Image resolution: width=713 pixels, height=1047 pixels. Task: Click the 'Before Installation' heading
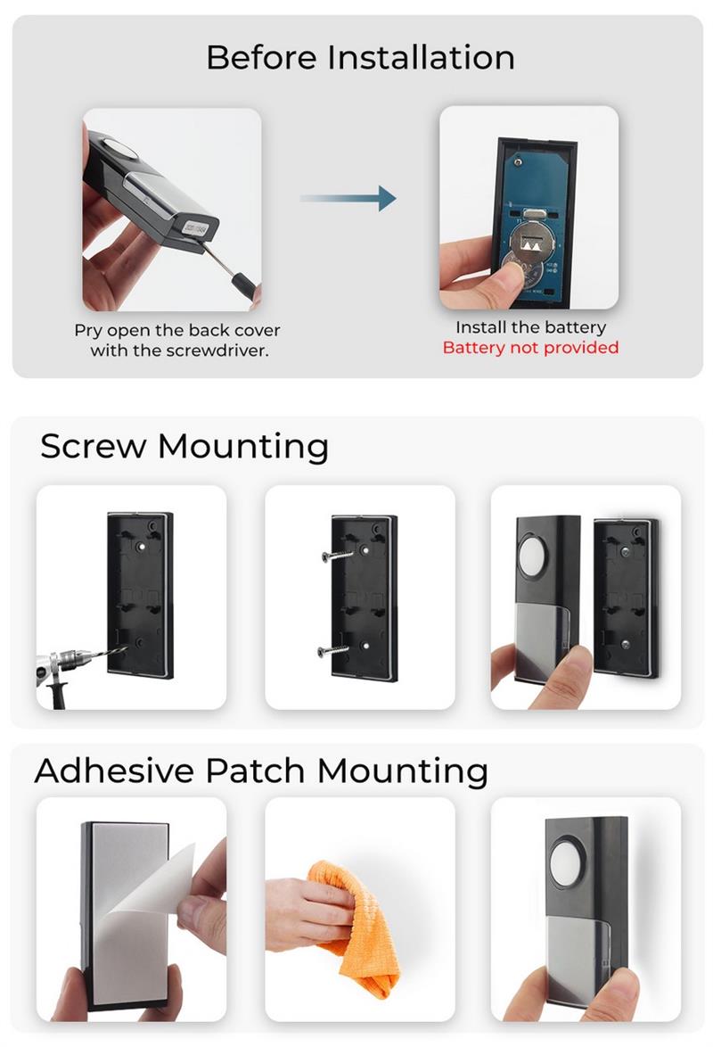(360, 57)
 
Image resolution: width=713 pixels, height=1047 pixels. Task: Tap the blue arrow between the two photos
(348, 198)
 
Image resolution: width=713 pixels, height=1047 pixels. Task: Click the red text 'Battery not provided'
(530, 347)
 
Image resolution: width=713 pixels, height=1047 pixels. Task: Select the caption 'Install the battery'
(530, 327)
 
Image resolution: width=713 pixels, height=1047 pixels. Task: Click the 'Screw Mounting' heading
(184, 446)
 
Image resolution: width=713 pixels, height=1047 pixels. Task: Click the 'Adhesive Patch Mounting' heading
(261, 770)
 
